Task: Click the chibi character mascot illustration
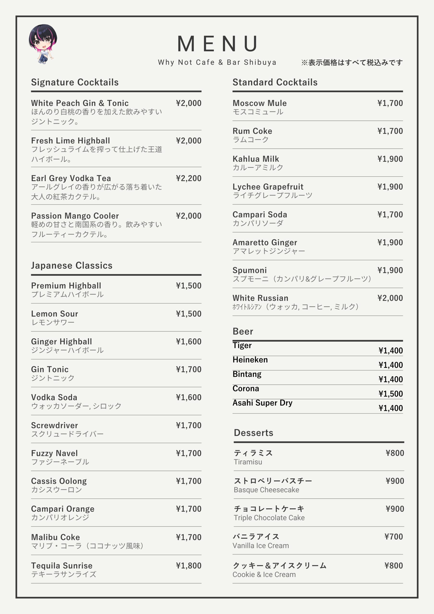tap(43, 44)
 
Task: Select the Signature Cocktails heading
tap(75, 82)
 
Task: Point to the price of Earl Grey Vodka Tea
tap(188, 178)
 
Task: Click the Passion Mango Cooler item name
tap(75, 216)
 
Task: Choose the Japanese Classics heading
tap(72, 265)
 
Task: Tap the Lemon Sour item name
tap(55, 313)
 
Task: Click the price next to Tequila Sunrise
tap(188, 565)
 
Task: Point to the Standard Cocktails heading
tap(275, 82)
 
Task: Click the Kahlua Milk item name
tap(256, 159)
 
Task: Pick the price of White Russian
tap(390, 298)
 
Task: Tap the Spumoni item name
tap(249, 270)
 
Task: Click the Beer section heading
tap(243, 331)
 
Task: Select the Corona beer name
tap(246, 388)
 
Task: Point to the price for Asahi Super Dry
tap(390, 408)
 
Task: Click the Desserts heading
tap(253, 433)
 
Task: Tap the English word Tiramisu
tap(248, 462)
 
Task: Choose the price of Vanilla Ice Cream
tap(393, 537)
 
